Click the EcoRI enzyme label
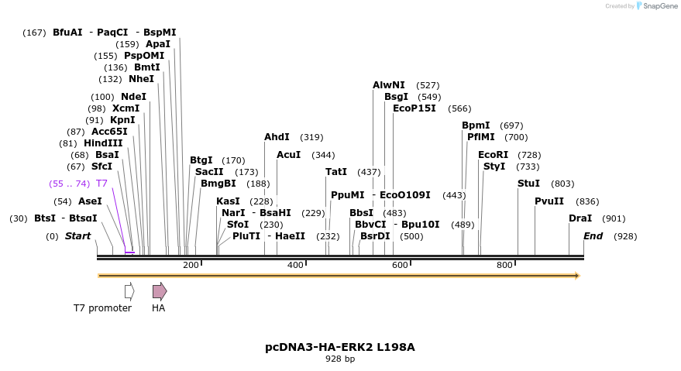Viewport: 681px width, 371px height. click(493, 155)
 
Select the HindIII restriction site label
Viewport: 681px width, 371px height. click(103, 143)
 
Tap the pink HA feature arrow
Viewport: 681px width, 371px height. click(160, 291)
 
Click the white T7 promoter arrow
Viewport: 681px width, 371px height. click(129, 291)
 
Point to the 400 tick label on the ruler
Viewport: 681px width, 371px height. click(295, 265)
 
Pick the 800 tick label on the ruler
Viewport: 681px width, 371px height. click(504, 265)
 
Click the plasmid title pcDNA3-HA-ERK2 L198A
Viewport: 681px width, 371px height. click(340, 347)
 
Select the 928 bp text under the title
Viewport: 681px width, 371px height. click(340, 359)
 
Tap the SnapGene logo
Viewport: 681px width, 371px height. click(657, 5)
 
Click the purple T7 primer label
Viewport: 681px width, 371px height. click(101, 184)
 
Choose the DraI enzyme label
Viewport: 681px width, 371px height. click(580, 218)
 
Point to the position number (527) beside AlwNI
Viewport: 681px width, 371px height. click(428, 85)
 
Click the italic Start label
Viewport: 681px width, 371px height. click(77, 236)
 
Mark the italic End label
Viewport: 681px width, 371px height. click(593, 236)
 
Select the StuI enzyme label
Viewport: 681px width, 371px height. click(528, 184)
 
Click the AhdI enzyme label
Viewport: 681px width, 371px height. click(277, 137)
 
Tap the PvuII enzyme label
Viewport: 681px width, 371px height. click(549, 201)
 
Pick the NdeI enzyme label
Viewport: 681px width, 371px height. click(134, 97)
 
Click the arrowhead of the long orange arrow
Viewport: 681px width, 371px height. click(578, 276)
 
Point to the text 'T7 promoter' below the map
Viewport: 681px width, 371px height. click(102, 308)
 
